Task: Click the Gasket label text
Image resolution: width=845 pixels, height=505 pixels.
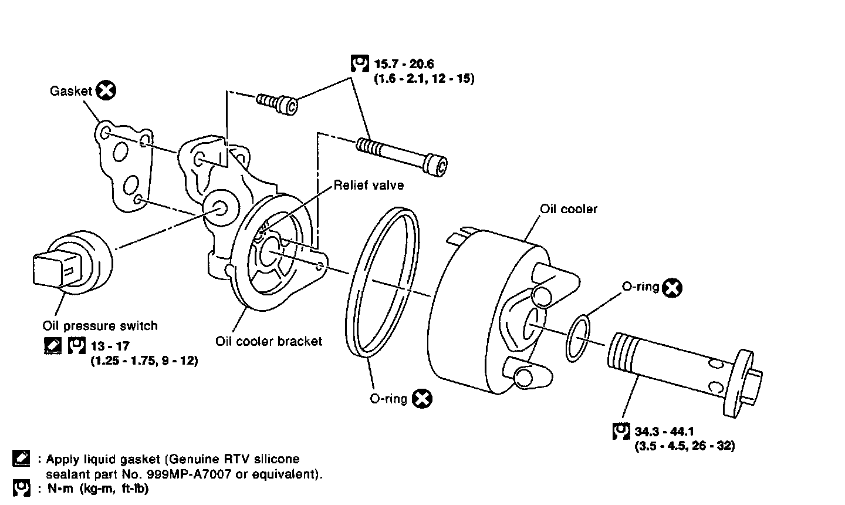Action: [71, 90]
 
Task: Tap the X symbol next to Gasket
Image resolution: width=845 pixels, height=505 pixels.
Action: [106, 90]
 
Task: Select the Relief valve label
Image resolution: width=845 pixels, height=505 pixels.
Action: [369, 186]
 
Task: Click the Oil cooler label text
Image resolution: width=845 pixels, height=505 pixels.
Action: [569, 209]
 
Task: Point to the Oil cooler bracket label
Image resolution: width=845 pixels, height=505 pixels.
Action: [269, 341]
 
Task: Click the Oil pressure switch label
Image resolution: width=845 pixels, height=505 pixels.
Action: [100, 325]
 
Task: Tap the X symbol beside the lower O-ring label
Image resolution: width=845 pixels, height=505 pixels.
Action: [422, 399]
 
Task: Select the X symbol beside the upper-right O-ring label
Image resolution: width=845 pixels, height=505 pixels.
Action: [672, 288]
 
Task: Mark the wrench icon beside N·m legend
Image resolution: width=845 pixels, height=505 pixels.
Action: [21, 489]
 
